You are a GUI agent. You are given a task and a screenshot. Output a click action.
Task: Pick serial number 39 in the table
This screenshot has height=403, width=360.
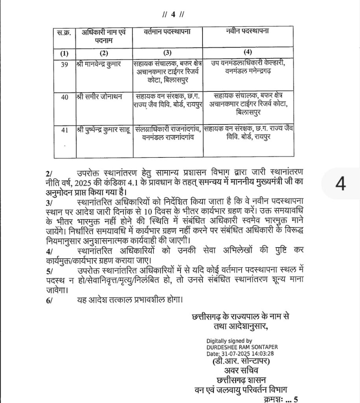(63, 65)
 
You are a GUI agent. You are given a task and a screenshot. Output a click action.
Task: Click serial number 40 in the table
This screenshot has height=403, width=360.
(63, 97)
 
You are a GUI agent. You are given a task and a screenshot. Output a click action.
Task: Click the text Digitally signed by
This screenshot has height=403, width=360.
(229, 341)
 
